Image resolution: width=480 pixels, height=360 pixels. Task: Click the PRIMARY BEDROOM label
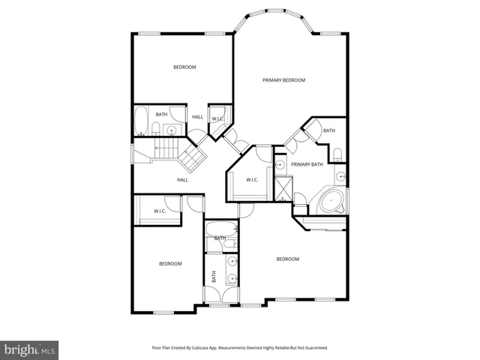click(x=283, y=79)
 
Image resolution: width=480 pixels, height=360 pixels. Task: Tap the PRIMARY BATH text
click(x=307, y=164)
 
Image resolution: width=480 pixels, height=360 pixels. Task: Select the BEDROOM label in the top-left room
click(x=184, y=67)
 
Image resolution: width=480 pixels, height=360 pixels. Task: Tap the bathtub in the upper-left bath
click(x=141, y=121)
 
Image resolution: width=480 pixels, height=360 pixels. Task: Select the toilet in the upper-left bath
click(x=158, y=128)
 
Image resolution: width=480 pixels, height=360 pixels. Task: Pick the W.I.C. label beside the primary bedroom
click(x=253, y=178)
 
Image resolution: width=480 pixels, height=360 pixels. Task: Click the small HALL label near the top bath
click(x=197, y=117)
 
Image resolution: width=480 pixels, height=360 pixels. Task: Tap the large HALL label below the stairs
click(x=182, y=180)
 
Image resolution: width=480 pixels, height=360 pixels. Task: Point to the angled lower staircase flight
click(x=194, y=157)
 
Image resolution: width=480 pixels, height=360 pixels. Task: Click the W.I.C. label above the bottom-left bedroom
click(x=160, y=211)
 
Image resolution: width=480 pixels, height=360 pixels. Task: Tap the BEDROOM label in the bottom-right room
click(x=287, y=259)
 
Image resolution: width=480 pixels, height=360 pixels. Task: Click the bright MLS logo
click(x=30, y=349)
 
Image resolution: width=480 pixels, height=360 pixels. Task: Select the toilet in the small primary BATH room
click(x=338, y=155)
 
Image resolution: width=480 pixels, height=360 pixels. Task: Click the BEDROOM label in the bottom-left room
click(x=169, y=263)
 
